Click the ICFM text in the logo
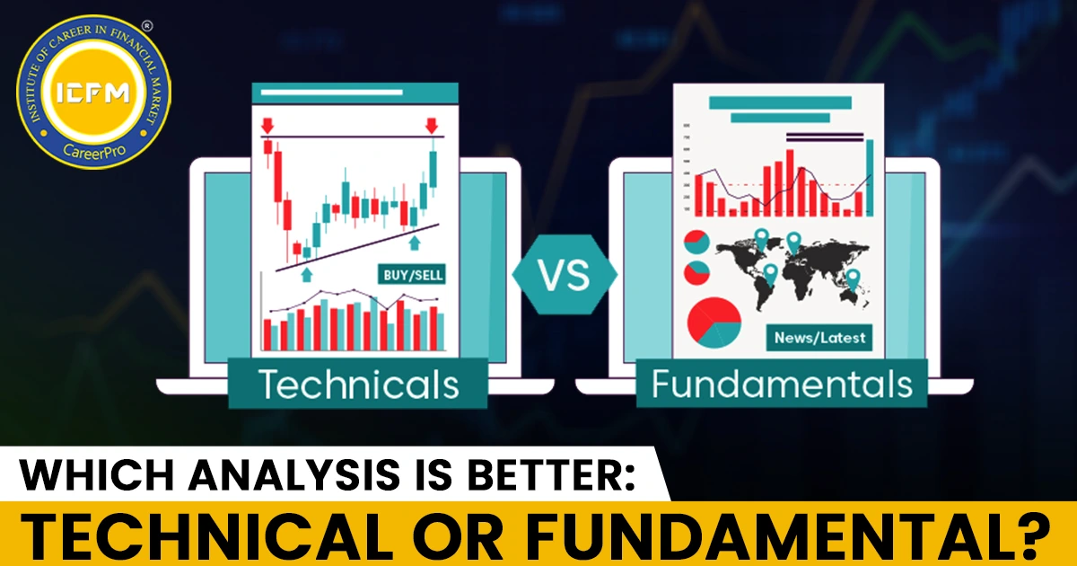[92, 93]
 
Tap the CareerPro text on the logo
[94, 152]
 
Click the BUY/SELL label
[412, 275]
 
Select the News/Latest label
[819, 338]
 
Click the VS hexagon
[564, 275]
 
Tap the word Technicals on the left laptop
[358, 385]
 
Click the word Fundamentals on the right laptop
[782, 385]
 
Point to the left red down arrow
[267, 126]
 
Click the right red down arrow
[432, 126]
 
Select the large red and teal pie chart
[714, 323]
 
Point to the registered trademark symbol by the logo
[147, 26]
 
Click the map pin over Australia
[853, 279]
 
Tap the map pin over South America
[770, 274]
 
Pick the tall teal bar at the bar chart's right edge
[870, 177]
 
